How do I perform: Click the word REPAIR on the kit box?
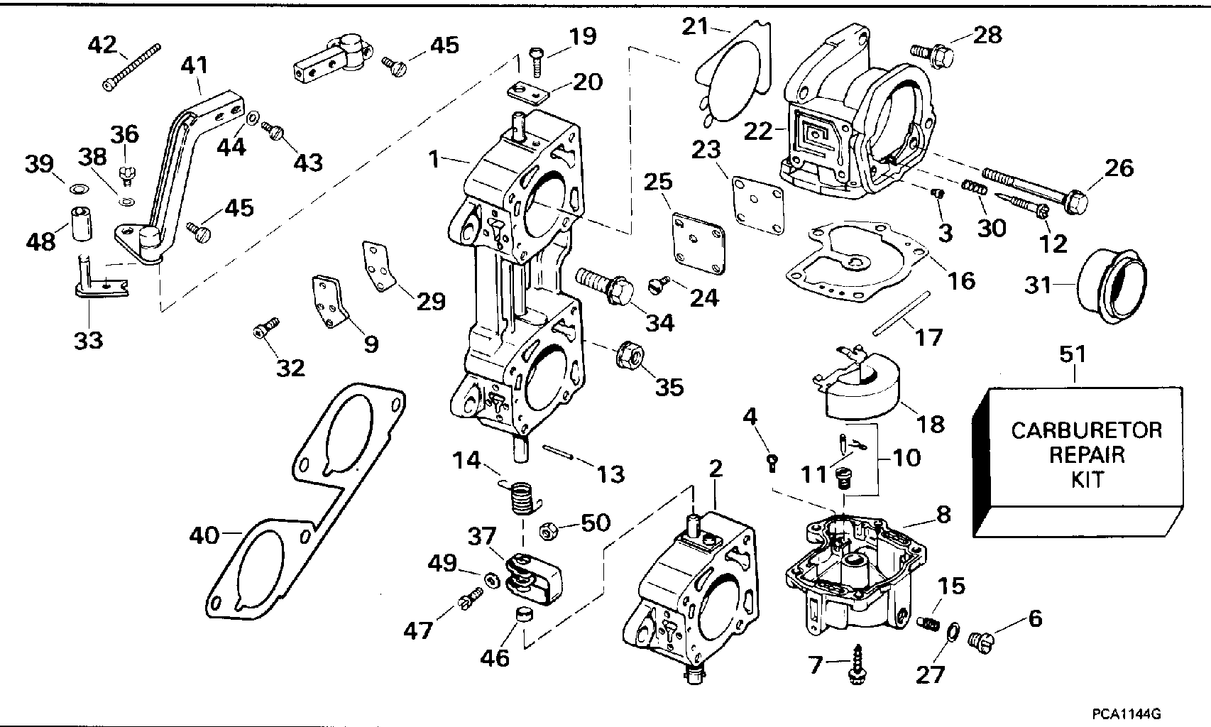point(1087,454)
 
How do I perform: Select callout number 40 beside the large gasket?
point(204,535)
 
